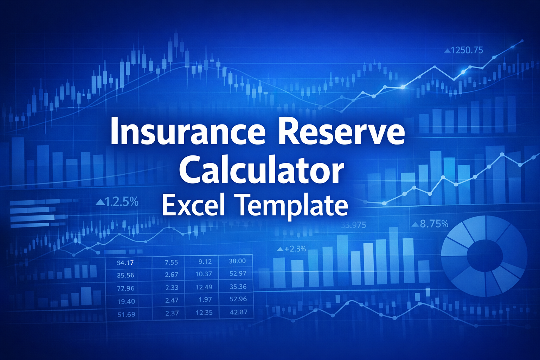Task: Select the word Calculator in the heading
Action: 261,171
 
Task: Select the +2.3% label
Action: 295,249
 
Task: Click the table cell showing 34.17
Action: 125,263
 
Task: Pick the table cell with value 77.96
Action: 126,288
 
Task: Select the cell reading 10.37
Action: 204,274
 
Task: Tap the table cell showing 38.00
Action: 237,261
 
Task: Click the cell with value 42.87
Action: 238,312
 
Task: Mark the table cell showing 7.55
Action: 171,262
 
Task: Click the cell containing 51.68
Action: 126,314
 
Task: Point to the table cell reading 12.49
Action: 204,287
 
